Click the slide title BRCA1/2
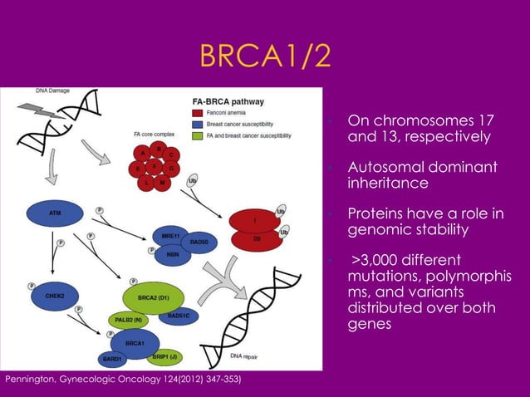click(x=265, y=56)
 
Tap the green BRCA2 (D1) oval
click(x=155, y=297)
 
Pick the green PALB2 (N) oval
click(x=125, y=319)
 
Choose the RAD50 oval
click(x=199, y=243)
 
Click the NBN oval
click(x=173, y=254)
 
